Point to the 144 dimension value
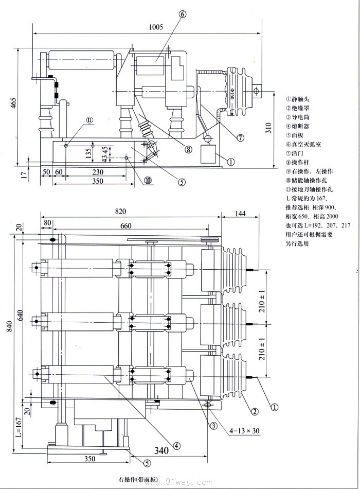(240, 212)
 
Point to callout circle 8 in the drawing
(188, 150)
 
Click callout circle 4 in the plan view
(177, 446)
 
